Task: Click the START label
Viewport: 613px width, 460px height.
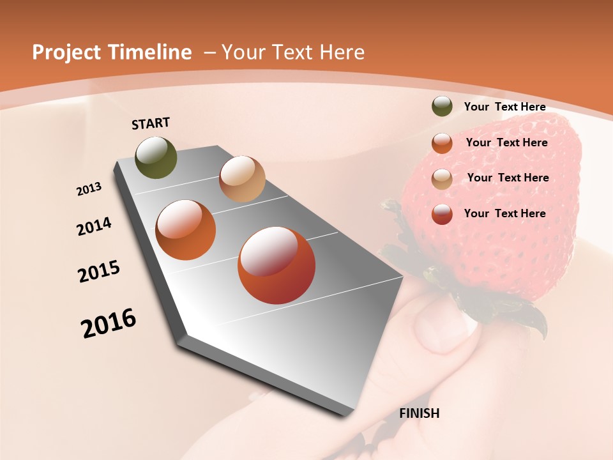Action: (x=151, y=123)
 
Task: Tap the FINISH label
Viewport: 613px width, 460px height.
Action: (x=419, y=413)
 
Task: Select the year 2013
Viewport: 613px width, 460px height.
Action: (x=89, y=189)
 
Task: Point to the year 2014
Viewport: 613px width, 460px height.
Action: (x=94, y=226)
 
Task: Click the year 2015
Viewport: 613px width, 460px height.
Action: (x=99, y=272)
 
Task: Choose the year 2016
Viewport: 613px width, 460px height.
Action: (x=109, y=323)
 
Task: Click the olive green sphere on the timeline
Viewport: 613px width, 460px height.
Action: (x=156, y=157)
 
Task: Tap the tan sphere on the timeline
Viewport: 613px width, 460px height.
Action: (x=242, y=179)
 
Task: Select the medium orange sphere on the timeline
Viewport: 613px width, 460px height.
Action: (x=185, y=230)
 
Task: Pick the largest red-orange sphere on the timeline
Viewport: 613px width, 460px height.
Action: (x=276, y=265)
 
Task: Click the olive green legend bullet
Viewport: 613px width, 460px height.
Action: (x=442, y=107)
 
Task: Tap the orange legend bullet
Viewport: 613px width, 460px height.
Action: (x=442, y=142)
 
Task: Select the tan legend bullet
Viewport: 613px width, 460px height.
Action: (x=442, y=178)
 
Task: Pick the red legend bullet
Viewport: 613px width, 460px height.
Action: (x=442, y=214)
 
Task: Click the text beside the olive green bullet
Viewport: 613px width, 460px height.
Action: (x=504, y=107)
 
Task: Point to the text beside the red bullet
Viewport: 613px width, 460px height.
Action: (x=504, y=213)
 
